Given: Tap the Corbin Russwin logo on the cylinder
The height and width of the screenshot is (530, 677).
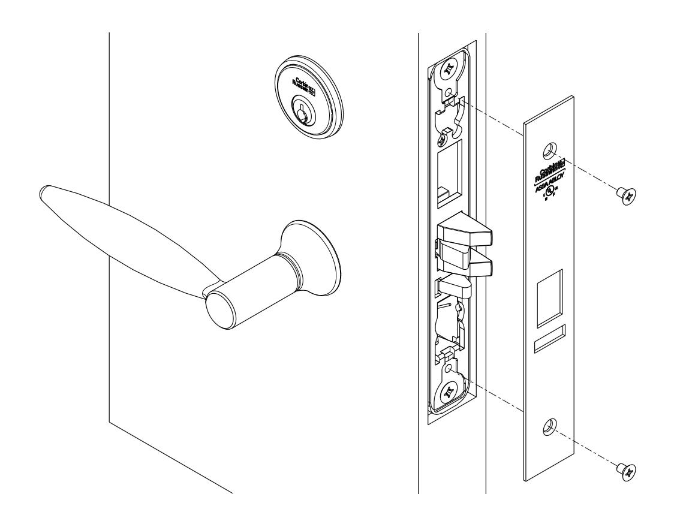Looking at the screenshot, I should pos(298,86).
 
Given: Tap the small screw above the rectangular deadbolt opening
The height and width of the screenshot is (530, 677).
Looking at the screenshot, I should pos(444,138).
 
